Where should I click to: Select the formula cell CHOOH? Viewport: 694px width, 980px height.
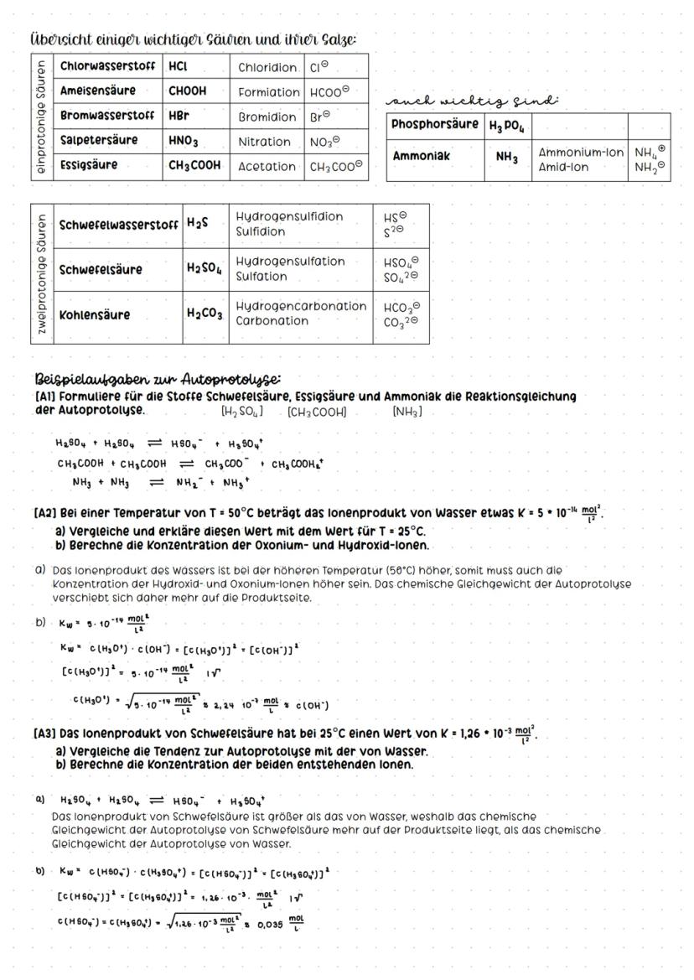[188, 91]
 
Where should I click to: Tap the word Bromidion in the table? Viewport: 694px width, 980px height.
[267, 117]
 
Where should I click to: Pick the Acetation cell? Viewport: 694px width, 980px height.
[267, 166]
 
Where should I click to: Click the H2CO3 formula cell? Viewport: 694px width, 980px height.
[205, 315]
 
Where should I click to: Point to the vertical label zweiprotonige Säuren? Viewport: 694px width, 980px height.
[40, 273]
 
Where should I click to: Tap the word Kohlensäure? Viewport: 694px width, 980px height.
[95, 315]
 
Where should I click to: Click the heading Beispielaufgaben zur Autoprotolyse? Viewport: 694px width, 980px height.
[158, 378]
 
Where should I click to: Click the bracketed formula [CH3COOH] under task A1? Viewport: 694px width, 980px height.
[316, 412]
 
